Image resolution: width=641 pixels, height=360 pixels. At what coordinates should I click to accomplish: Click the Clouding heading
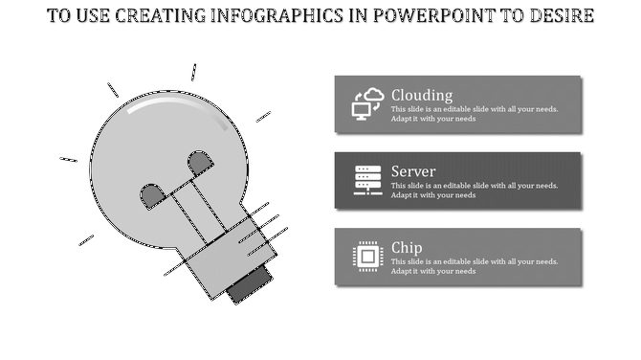click(x=422, y=95)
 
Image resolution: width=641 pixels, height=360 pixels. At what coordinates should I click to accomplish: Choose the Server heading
click(x=413, y=171)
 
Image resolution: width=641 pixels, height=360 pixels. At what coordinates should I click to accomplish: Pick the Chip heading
click(x=407, y=247)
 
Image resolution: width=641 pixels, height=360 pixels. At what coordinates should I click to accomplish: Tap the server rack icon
click(x=367, y=180)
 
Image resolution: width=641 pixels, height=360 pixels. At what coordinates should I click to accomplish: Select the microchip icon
click(x=367, y=257)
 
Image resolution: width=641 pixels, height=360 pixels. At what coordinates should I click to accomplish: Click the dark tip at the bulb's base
click(x=246, y=288)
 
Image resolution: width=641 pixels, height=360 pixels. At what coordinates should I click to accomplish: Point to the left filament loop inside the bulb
click(x=153, y=196)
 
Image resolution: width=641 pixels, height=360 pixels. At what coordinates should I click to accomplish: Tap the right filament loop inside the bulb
click(x=200, y=163)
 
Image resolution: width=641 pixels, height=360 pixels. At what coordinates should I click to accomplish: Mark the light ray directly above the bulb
click(x=193, y=72)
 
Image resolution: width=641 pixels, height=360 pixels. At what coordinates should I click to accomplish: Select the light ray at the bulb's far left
click(x=68, y=159)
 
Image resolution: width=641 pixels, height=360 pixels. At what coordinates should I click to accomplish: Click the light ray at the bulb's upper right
click(x=263, y=117)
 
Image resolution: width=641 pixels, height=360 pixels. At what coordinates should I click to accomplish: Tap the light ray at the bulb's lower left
click(x=86, y=239)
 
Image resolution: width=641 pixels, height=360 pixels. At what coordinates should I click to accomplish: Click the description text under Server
click(x=474, y=191)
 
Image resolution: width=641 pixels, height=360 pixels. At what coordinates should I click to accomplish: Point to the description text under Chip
click(x=474, y=266)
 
